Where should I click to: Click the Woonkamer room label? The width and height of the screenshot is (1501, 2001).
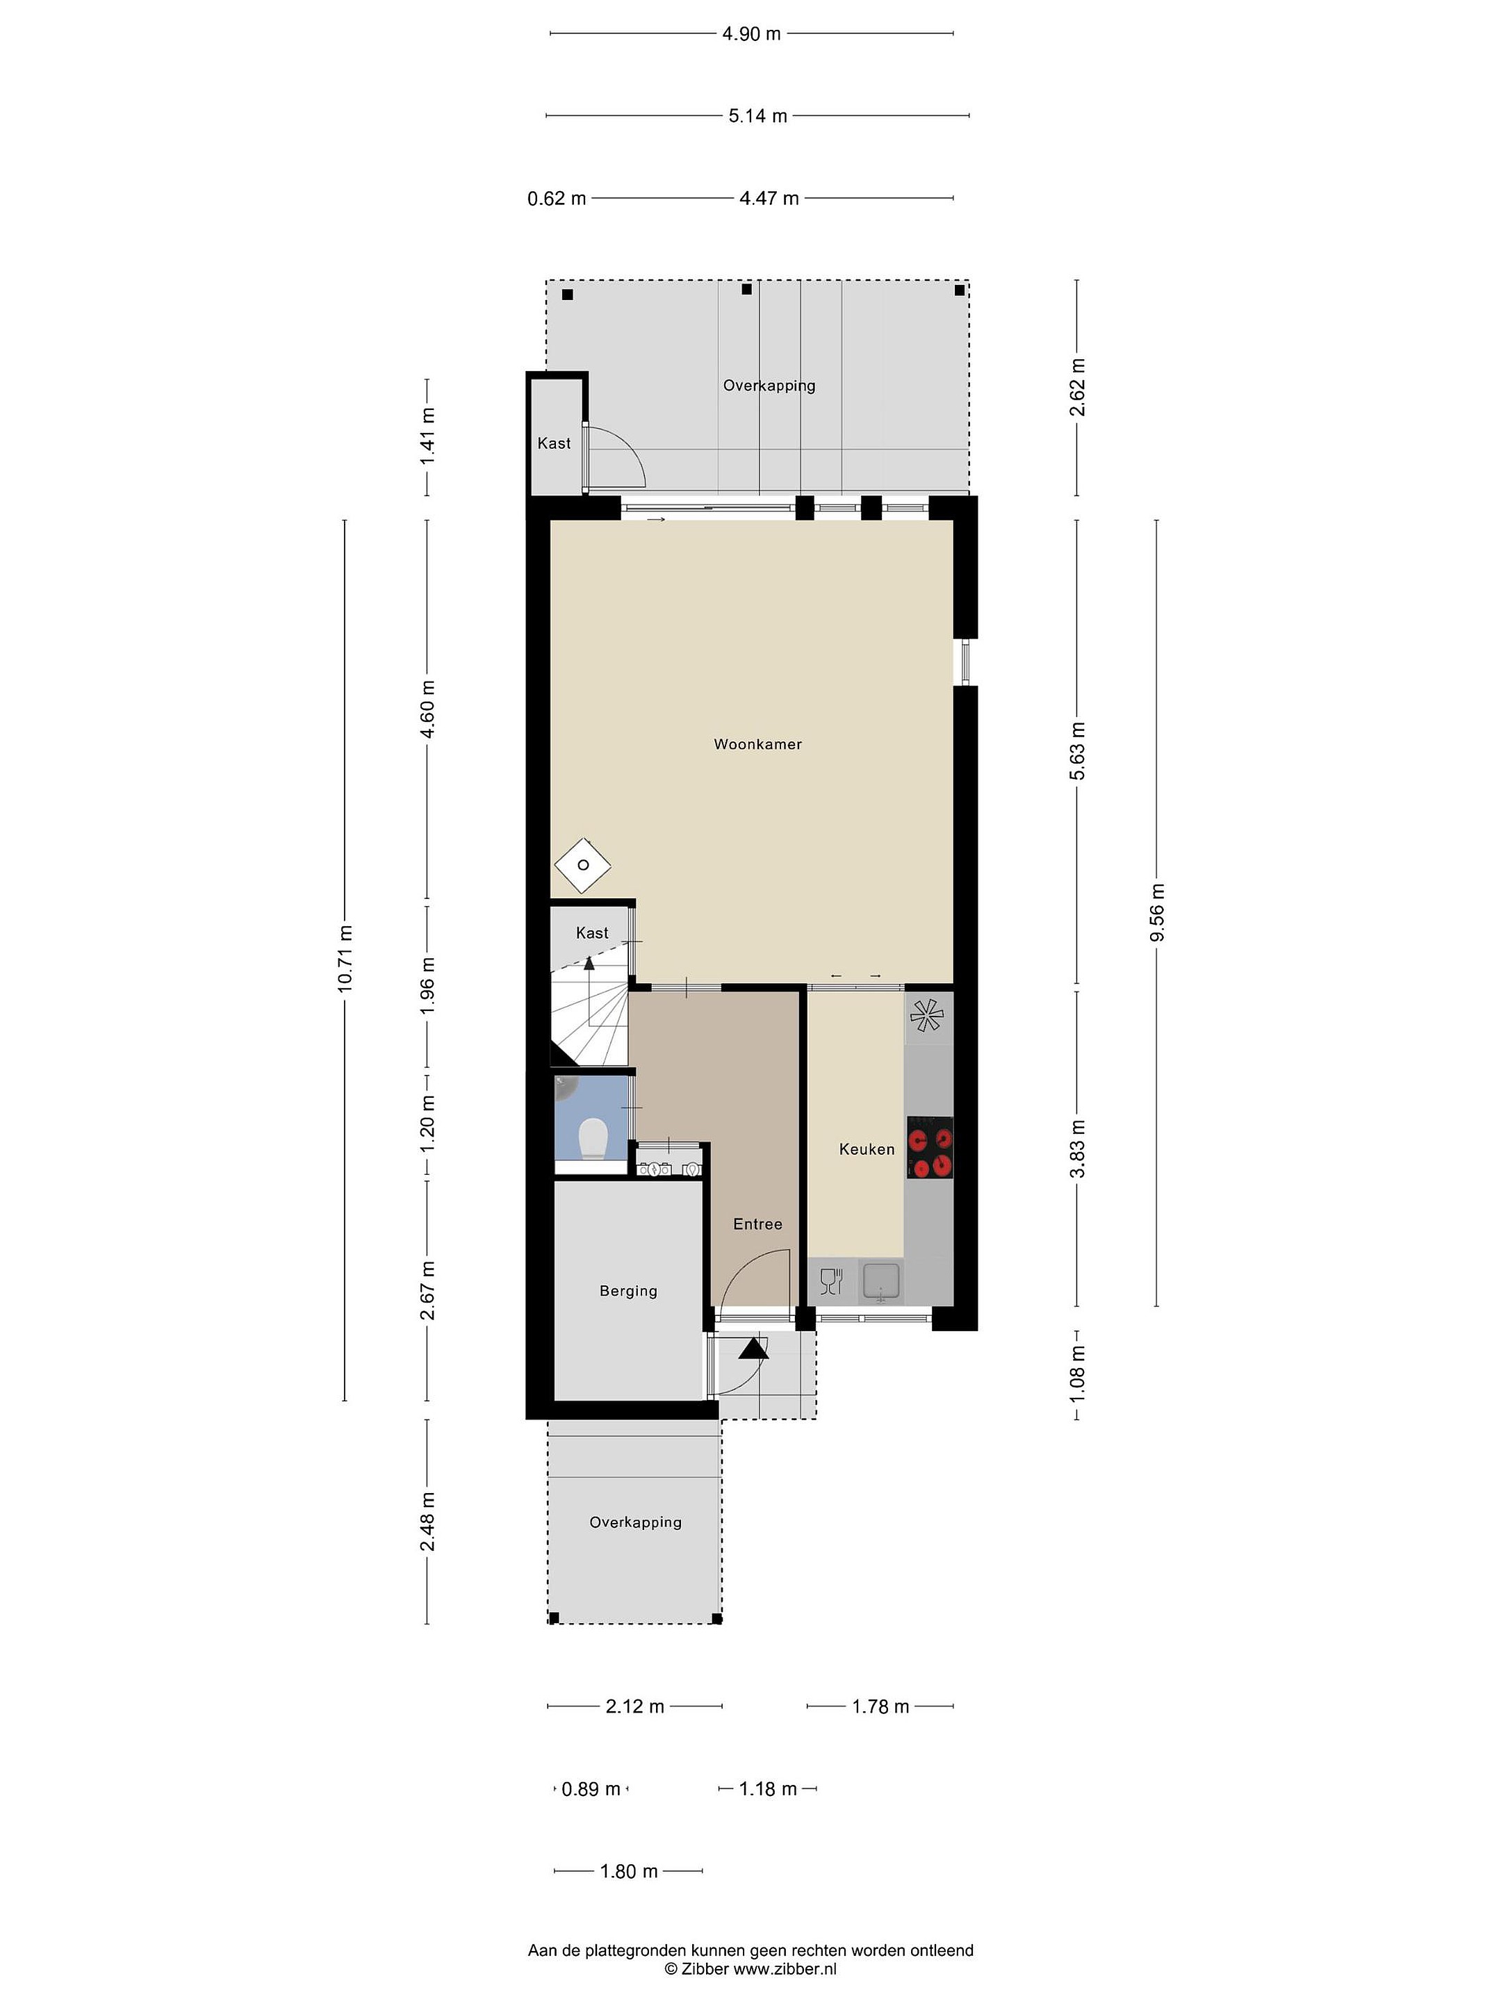pos(757,745)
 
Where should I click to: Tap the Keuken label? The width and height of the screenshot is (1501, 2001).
pos(867,1149)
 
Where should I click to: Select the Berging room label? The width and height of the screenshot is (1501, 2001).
pos(628,1291)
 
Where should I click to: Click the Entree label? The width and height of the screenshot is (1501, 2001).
pos(757,1224)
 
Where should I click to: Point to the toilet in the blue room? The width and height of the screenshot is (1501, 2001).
pos(593,1139)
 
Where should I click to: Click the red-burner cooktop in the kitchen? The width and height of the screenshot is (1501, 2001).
pos(930,1148)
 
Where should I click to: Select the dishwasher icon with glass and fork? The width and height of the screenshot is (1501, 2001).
pos(830,1281)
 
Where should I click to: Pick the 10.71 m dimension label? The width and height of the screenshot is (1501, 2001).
pos(345,959)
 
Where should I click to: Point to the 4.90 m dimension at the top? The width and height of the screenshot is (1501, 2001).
pos(751,34)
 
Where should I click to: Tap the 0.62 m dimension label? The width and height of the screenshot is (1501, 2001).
pos(557,198)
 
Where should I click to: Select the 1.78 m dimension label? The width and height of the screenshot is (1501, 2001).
pos(880,1707)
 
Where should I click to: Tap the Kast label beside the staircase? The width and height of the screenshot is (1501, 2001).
pos(593,932)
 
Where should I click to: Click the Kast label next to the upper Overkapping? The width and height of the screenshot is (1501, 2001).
pos(554,443)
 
